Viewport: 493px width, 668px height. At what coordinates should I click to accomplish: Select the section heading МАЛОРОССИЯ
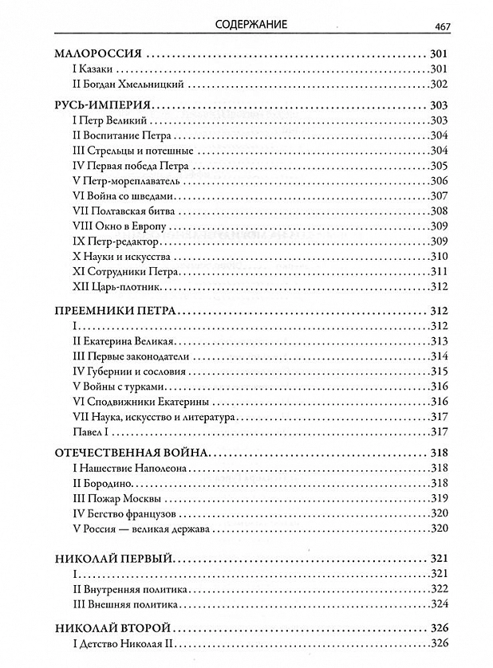(x=97, y=54)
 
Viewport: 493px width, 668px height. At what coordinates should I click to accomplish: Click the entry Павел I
(x=89, y=432)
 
